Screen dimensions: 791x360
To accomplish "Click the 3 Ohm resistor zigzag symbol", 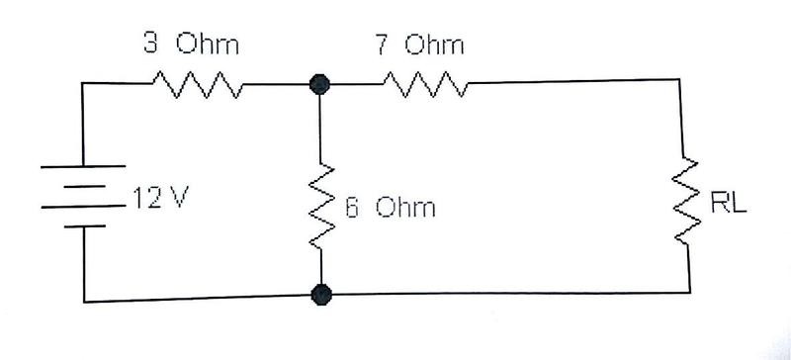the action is click(198, 84).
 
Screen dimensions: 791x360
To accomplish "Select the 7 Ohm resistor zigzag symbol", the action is click(425, 84).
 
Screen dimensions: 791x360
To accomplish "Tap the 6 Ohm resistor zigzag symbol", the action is click(320, 207).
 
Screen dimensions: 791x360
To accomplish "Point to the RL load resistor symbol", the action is click(686, 201).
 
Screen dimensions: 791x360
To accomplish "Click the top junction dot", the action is click(319, 84).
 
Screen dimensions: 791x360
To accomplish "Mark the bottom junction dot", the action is click(321, 295).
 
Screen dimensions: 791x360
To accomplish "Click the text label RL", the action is click(728, 203).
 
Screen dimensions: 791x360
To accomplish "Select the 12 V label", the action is click(160, 198).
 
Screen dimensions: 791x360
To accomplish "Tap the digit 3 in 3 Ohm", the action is click(149, 44).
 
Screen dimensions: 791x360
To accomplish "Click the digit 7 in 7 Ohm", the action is click(382, 45).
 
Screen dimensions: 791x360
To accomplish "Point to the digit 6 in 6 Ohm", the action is click(352, 208).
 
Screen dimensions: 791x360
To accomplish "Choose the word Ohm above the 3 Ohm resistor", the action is click(207, 44).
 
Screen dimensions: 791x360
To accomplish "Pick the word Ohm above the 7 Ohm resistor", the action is click(434, 45).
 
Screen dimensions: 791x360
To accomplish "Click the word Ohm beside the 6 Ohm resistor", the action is click(404, 207).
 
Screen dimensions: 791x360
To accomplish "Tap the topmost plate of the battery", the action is click(83, 165).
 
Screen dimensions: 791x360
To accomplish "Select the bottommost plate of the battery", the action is click(85, 226).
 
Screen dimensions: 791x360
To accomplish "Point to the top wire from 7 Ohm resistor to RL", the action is click(573, 81).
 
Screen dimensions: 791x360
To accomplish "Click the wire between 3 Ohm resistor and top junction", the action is click(276, 84).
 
